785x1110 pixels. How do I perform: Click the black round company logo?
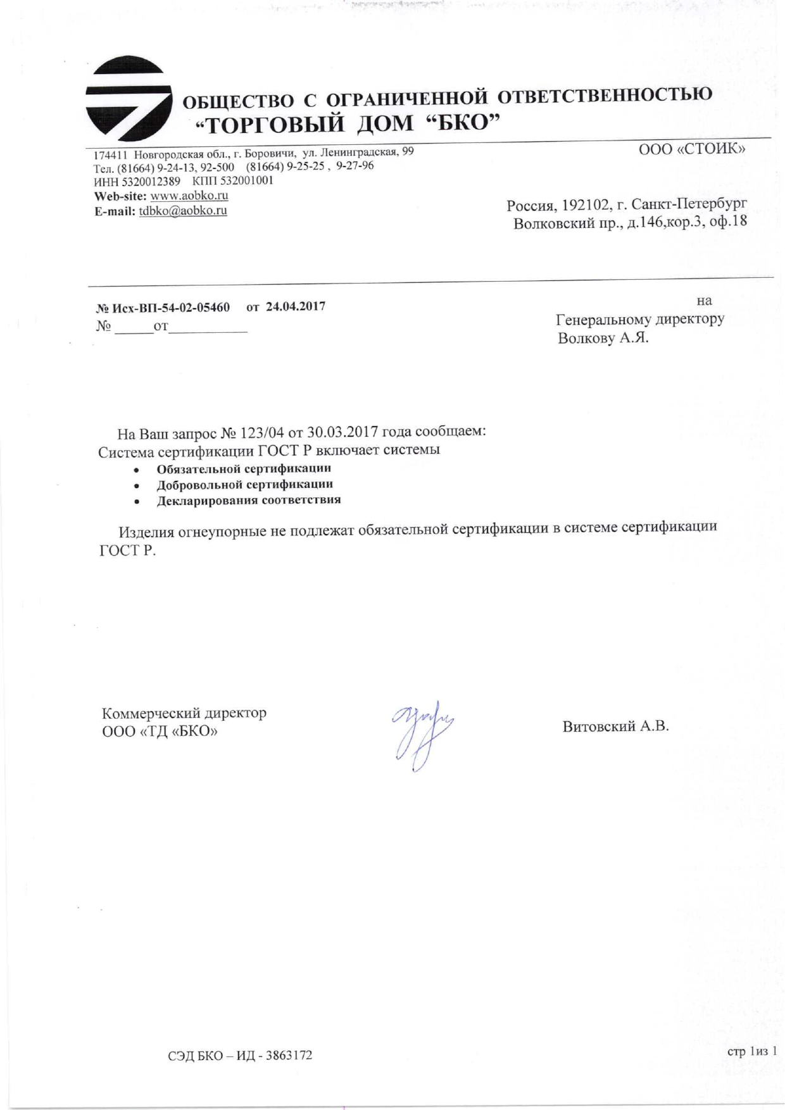129,99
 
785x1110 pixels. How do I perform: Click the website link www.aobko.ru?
189,196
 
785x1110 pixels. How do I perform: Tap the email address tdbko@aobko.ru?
182,211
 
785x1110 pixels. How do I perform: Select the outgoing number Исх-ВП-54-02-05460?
171,308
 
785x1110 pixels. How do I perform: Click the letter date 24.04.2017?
296,306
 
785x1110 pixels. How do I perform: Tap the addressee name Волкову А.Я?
603,338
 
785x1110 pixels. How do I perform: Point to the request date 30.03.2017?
342,432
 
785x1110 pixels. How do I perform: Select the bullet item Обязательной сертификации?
244,469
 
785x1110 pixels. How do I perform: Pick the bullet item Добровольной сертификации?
244,485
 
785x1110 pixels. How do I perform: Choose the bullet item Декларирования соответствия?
249,500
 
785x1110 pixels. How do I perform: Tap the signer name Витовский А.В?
615,726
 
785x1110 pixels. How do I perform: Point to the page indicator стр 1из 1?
752,1051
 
